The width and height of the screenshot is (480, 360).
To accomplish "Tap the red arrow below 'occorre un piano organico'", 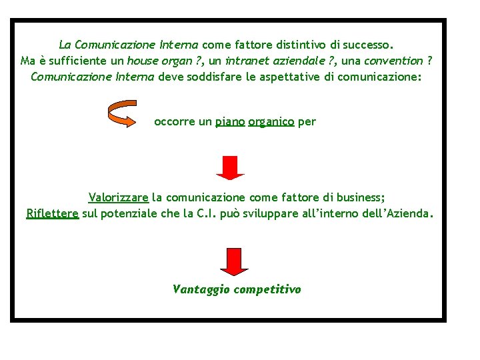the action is tap(229, 167).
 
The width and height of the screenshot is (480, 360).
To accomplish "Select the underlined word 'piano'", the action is tap(230, 122).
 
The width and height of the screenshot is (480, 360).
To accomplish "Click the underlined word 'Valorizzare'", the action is tap(118, 197).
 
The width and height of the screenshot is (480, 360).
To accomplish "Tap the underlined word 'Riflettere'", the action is tap(52, 214).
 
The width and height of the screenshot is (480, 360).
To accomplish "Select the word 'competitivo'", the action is tap(267, 289).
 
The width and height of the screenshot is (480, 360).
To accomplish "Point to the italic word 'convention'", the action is tap(395, 61).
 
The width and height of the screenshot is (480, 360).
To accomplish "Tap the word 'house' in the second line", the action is tap(141, 61).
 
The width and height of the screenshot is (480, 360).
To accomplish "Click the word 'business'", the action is tap(358, 197).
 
